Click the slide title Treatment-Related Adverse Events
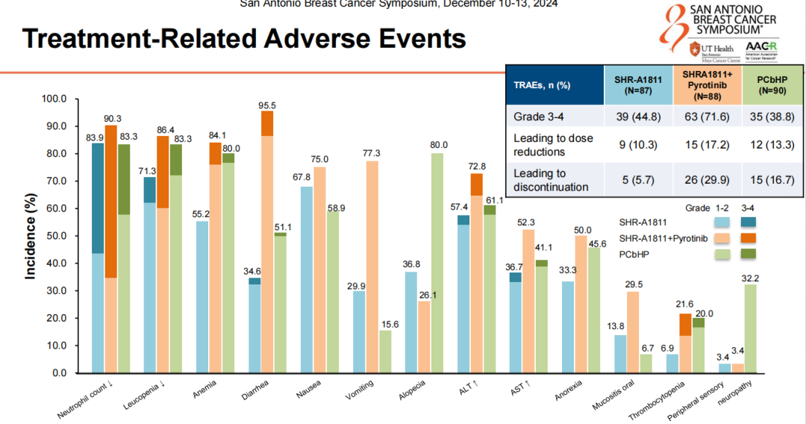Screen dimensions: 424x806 pos(244,39)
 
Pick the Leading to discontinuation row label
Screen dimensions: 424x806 pos(552,180)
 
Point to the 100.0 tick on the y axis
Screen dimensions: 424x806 pos(55,99)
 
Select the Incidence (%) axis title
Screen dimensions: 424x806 pos(31,237)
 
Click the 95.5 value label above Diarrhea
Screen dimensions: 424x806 pos(266,105)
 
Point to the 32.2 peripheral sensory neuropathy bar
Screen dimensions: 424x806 pos(751,328)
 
